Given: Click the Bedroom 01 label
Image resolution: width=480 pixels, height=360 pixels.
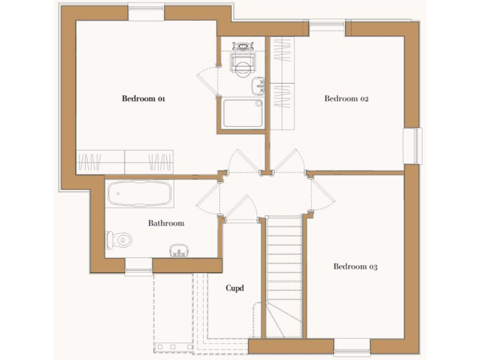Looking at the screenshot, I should tap(143, 98).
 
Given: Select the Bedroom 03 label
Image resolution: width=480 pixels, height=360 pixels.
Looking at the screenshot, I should tap(355, 267).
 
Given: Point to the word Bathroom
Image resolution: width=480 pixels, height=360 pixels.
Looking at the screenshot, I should tap(166, 223).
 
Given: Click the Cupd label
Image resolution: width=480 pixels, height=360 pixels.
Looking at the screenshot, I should tap(234, 288).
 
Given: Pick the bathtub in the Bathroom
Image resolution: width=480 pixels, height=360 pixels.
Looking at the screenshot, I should tap(139, 194).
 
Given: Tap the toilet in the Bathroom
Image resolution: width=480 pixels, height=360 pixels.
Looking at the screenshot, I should tap(119, 239).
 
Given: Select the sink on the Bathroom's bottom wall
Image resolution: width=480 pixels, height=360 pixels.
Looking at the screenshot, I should tap(179, 251).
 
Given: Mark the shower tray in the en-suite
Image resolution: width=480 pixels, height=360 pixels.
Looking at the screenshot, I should tap(242, 113).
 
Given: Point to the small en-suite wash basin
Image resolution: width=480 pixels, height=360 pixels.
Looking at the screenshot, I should tap(258, 86).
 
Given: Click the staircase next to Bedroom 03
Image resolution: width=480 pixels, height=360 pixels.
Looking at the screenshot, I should tap(284, 275).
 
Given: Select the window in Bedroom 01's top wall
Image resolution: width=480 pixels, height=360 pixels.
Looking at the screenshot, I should tap(146, 12).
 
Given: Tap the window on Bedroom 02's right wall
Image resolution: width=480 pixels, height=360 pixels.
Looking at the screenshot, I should tap(412, 146).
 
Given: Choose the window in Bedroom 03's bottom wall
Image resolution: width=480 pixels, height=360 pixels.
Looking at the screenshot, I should tap(352, 346).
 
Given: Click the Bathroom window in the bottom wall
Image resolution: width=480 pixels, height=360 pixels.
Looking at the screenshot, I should tap(138, 267).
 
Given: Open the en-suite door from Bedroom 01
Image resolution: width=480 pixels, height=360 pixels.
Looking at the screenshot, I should tap(208, 80).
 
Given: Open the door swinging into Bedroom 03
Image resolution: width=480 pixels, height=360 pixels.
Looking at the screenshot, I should tap(322, 195).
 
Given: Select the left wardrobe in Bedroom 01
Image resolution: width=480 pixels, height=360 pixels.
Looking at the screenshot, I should tap(100, 162).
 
